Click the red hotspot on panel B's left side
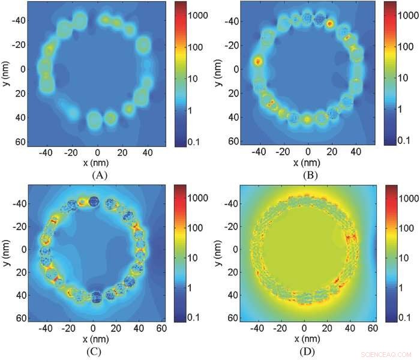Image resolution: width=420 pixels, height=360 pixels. click(258, 61)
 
